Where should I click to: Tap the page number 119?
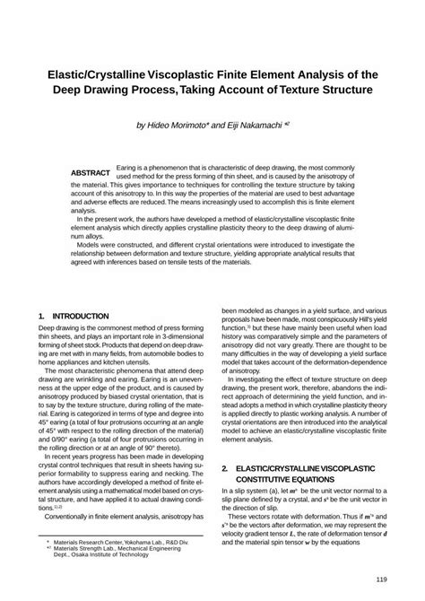(x=381, y=579)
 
